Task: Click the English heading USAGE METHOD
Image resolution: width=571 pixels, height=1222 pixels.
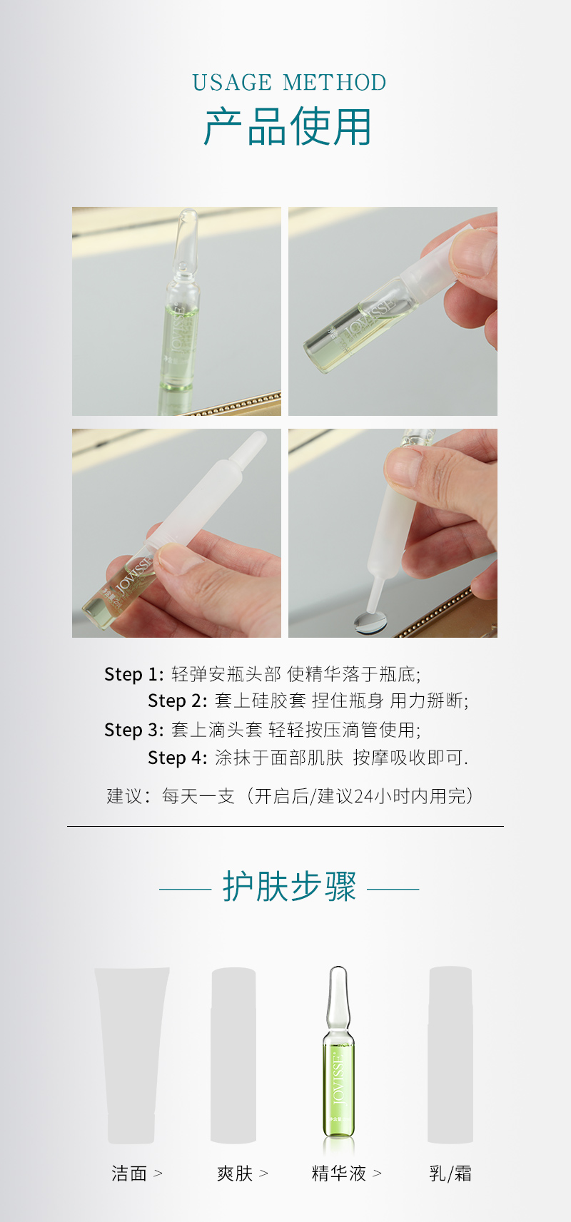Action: pos(289,82)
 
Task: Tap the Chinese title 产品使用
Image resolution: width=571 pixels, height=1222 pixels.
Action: pos(288,126)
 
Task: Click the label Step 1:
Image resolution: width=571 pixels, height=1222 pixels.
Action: pos(133,674)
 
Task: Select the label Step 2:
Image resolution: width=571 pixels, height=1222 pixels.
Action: pos(178,701)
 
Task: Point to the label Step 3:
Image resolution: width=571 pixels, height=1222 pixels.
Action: pos(133,730)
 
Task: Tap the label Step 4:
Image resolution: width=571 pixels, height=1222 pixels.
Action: pos(178,758)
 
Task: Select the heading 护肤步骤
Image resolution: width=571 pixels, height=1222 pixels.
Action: pos(289,887)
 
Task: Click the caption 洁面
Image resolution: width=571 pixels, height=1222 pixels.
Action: pos(129,1173)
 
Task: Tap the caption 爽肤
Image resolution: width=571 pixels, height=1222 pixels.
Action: pos(235,1173)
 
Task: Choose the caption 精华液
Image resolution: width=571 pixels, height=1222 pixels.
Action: pos(338,1173)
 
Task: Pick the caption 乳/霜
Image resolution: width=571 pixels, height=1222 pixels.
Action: pos(450,1173)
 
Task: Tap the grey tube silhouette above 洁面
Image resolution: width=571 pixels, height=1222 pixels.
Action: pos(131,1056)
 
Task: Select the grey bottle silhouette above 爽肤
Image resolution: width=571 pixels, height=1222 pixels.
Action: pos(233,1056)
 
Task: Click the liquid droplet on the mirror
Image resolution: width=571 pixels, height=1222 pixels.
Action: pos(370,621)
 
